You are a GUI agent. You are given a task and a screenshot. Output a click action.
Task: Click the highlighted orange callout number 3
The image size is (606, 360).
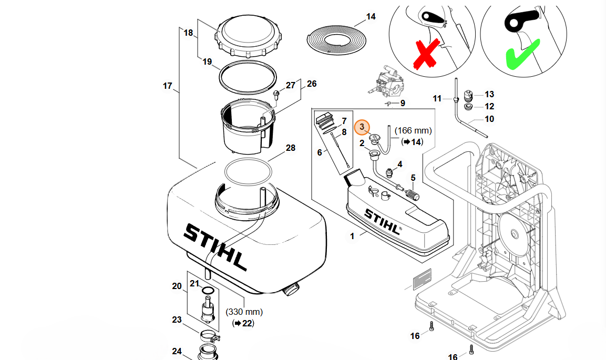(x=362, y=128)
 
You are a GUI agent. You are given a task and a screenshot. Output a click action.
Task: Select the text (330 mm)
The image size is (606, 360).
(x=244, y=312)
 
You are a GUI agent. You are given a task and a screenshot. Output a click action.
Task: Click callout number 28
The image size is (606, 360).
(x=291, y=148)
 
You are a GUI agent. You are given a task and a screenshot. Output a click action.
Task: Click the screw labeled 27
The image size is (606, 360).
(x=276, y=96)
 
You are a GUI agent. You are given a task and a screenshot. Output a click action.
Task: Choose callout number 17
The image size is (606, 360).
(x=168, y=86)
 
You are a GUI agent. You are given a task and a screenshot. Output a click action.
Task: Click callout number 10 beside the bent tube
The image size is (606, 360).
(x=489, y=119)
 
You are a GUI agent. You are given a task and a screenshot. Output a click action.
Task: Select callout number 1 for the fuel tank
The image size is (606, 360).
(x=352, y=236)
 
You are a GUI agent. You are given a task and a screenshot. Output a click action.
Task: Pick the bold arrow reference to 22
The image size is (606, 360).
(x=243, y=323)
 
